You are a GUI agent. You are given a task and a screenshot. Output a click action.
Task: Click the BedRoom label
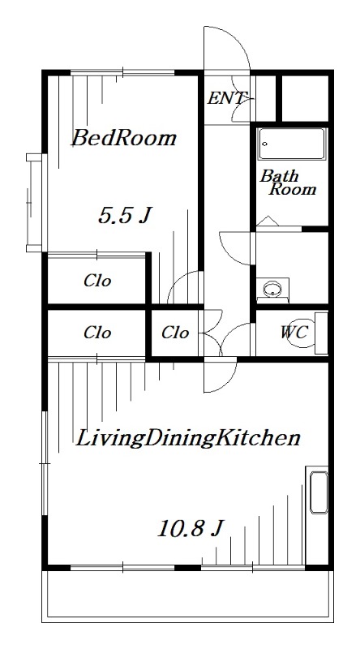[124, 138]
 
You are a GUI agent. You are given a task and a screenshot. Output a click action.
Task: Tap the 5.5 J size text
[124, 216]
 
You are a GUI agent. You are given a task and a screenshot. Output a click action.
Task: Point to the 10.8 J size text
[191, 529]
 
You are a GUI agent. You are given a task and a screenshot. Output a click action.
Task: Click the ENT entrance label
[227, 98]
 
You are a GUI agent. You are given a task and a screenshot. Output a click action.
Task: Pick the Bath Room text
[288, 183]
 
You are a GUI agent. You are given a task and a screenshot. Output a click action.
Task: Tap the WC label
[294, 332]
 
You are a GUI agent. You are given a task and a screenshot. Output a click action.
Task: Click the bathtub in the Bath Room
[291, 144]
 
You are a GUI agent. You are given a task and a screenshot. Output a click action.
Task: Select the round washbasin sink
[272, 289]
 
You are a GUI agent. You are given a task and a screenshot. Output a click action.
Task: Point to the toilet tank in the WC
[322, 333]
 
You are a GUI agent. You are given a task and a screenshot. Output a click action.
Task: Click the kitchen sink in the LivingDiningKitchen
[319, 492]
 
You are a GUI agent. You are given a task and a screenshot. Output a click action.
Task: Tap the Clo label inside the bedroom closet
[97, 281]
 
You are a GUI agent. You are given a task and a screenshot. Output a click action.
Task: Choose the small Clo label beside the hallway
[175, 333]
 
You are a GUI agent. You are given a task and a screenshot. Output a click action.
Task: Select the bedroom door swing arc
[178, 279]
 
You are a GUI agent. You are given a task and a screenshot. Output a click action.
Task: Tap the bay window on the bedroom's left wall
[35, 203]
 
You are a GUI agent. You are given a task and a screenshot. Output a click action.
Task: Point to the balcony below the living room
[187, 596]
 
